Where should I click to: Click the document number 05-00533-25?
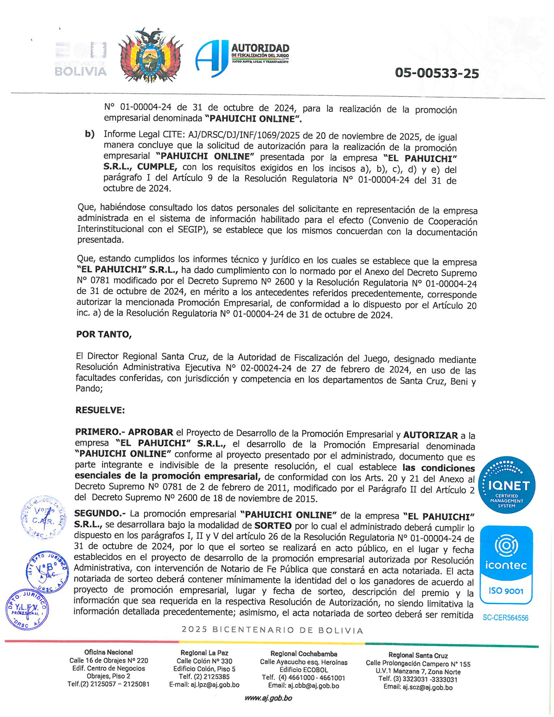436,73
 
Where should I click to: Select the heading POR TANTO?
104,334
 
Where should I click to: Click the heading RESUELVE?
100,410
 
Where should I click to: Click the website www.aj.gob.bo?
268,698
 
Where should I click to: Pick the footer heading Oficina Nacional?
109,652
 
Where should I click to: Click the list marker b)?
90,134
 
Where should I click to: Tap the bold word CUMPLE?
157,167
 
